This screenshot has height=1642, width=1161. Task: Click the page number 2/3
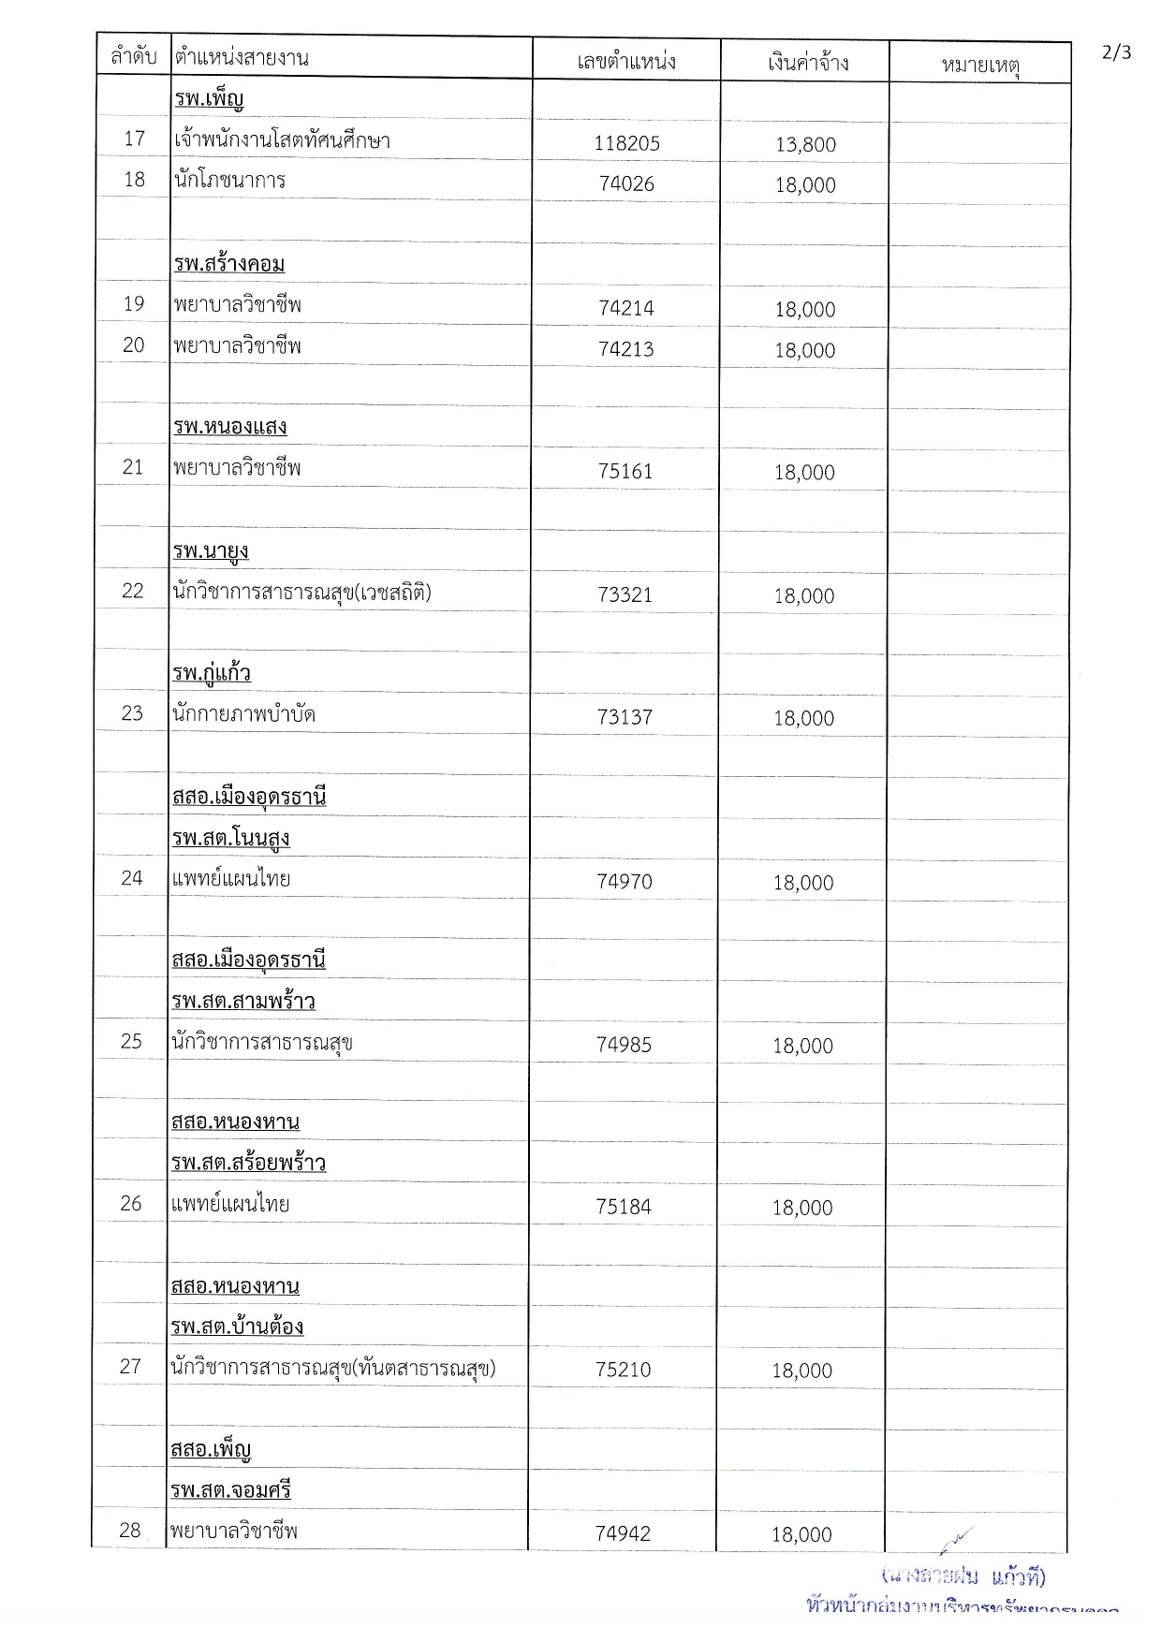coord(1116,52)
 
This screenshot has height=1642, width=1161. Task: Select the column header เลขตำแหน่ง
coord(626,62)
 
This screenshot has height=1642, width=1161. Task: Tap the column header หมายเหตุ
coord(980,65)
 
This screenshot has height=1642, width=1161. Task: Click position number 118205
coord(626,143)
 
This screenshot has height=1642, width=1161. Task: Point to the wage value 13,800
coord(805,144)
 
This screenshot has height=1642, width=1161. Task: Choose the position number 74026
coord(626,184)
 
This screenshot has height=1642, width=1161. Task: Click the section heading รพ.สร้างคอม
coord(229,264)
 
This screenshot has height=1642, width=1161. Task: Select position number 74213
coord(626,349)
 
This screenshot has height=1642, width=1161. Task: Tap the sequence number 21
coord(133,467)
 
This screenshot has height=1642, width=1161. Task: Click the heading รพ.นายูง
coord(211,550)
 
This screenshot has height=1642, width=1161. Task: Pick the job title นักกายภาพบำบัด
coord(243,714)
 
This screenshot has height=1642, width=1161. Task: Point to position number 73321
coord(625,595)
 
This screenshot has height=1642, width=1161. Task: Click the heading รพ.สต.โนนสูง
coord(231,838)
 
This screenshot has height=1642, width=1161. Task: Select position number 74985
coord(624,1045)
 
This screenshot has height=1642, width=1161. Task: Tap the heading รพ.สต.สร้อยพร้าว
coord(249,1163)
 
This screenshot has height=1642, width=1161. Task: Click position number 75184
coord(624,1207)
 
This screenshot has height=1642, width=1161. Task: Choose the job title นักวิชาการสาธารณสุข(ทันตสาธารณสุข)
coord(333,1369)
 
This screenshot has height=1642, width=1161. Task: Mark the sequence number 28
coord(130,1530)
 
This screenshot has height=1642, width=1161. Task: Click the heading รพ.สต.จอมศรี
coord(231,1489)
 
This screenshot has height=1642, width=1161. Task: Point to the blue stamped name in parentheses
coord(963,1576)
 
